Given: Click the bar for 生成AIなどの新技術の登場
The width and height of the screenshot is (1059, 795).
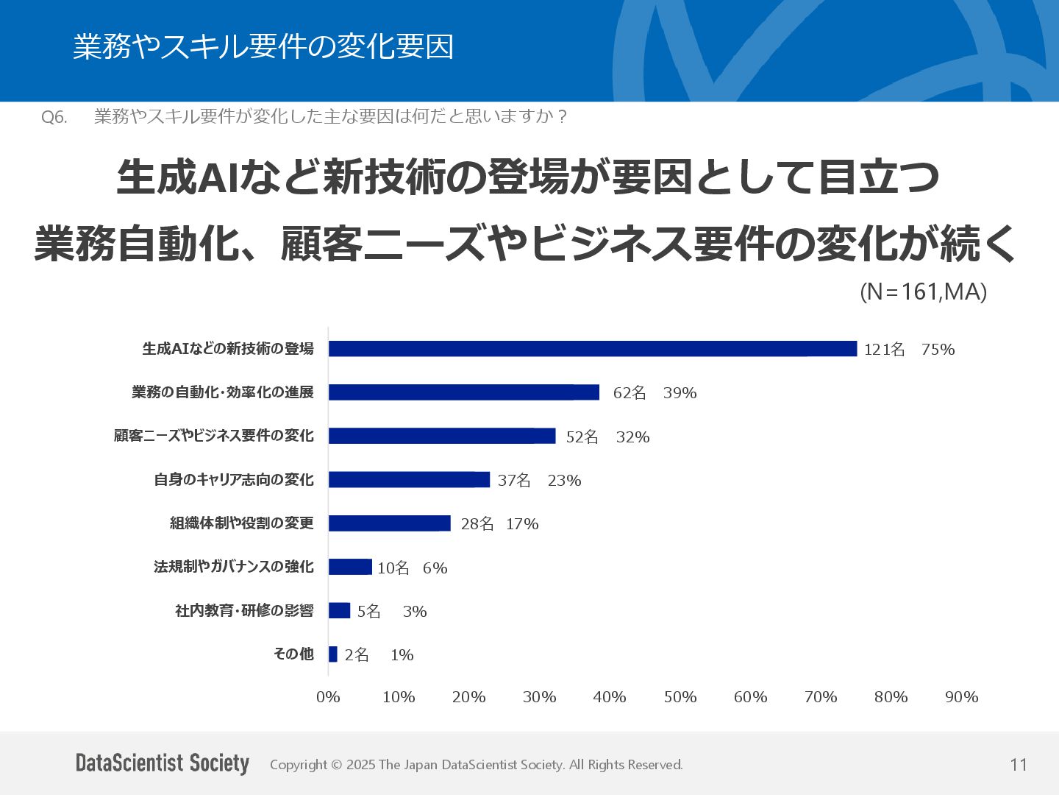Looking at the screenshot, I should coord(592,349).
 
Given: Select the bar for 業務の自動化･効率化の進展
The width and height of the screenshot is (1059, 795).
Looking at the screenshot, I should coord(463,392).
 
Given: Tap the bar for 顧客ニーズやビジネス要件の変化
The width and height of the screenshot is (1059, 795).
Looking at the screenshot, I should coord(441,436).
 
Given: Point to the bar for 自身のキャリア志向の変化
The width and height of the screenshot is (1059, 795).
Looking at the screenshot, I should coord(409,480).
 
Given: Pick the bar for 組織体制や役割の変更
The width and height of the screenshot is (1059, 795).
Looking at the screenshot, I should coord(389,523).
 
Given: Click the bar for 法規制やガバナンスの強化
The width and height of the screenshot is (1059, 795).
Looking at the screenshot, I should coord(350,567).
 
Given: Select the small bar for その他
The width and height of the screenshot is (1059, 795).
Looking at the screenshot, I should coord(333,654).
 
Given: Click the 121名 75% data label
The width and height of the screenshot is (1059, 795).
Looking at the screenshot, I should coord(909,350).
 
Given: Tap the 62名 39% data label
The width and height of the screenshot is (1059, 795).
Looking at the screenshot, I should coord(655,393).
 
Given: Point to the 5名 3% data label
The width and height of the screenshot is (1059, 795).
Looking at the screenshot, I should coord(392,612).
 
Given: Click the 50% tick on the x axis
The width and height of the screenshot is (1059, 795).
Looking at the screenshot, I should coord(680,697).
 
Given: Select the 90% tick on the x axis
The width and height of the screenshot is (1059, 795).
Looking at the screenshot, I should coord(961,697).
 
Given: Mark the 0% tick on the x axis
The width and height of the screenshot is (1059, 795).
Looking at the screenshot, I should coord(328,697).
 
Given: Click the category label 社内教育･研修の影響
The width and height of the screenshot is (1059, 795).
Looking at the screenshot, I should coord(244,611).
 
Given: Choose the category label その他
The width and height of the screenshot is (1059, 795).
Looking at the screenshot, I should coord(293,654).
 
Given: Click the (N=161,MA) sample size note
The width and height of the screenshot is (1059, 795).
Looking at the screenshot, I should coord(923,292).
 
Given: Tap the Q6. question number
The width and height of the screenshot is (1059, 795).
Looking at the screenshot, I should coord(54,117).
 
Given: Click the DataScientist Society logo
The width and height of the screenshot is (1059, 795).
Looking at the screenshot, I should coord(163,763).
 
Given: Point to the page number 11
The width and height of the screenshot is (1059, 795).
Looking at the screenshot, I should coord(1019,765).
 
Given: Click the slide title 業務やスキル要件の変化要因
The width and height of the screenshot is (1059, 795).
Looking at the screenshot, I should coord(263,47).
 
